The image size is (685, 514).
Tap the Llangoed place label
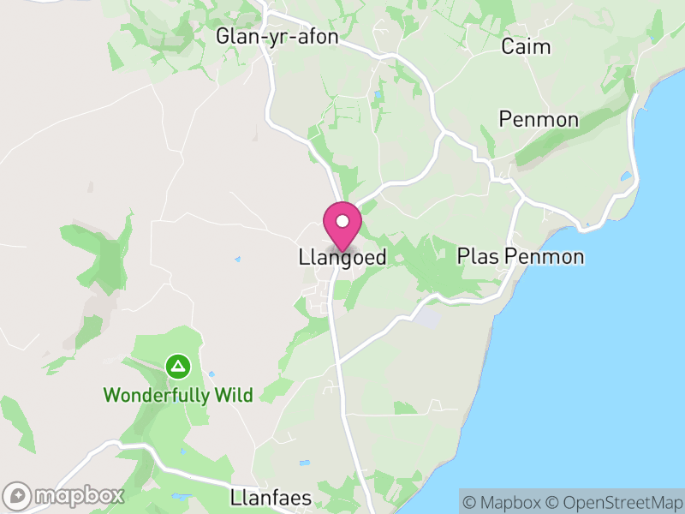point(342,257)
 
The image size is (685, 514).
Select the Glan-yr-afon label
point(277,37)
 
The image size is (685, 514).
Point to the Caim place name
point(526,46)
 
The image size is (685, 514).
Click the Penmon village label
point(539,119)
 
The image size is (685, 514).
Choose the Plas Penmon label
point(521,256)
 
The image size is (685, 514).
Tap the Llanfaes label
point(271,497)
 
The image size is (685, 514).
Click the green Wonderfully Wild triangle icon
point(177,368)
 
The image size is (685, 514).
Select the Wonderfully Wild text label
point(178,395)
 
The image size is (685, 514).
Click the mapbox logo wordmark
point(80,495)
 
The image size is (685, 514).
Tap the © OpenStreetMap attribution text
point(615,501)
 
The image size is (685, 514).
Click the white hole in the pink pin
point(342,221)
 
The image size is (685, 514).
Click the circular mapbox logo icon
point(18,496)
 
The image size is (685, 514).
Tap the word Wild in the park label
point(233,395)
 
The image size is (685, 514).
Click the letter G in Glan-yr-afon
point(223,37)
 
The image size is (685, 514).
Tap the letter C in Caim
point(508,46)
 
